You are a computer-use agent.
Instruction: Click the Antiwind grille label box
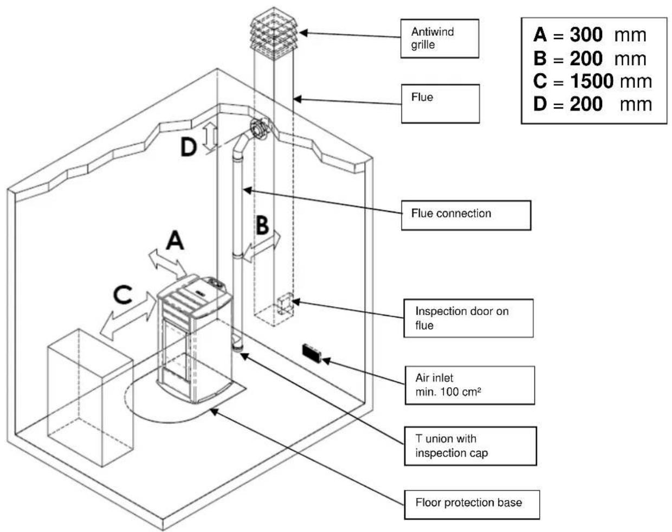tap(440, 39)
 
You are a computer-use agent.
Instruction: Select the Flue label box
tap(440, 103)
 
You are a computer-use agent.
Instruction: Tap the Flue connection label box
tap(466, 215)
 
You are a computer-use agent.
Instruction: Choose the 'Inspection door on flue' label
tap(468, 318)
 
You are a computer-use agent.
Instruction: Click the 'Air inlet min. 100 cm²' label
tap(469, 385)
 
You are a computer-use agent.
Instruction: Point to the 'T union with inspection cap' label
tap(470, 446)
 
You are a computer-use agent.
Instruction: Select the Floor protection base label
tap(471, 503)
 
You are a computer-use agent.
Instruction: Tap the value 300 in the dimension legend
tap(586, 35)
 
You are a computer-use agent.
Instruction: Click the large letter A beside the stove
tap(175, 240)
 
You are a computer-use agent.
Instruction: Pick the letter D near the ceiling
tap(188, 146)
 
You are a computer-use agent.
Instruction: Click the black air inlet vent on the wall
tap(312, 352)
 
